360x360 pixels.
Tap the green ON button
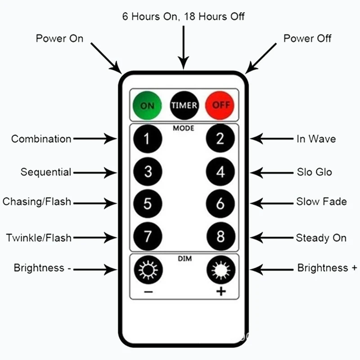[147, 105]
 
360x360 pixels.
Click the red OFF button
[220, 105]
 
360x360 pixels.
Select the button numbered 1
[147, 139]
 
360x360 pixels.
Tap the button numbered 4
[220, 172]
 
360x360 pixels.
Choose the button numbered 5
[147, 204]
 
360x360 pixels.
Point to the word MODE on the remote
[184, 128]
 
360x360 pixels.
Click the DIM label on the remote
[184, 259]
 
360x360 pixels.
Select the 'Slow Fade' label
[321, 202]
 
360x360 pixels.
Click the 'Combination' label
[41, 139]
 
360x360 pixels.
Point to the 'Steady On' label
[321, 238]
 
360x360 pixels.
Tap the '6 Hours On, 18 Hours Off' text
[184, 16]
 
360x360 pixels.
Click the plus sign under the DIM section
[220, 292]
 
